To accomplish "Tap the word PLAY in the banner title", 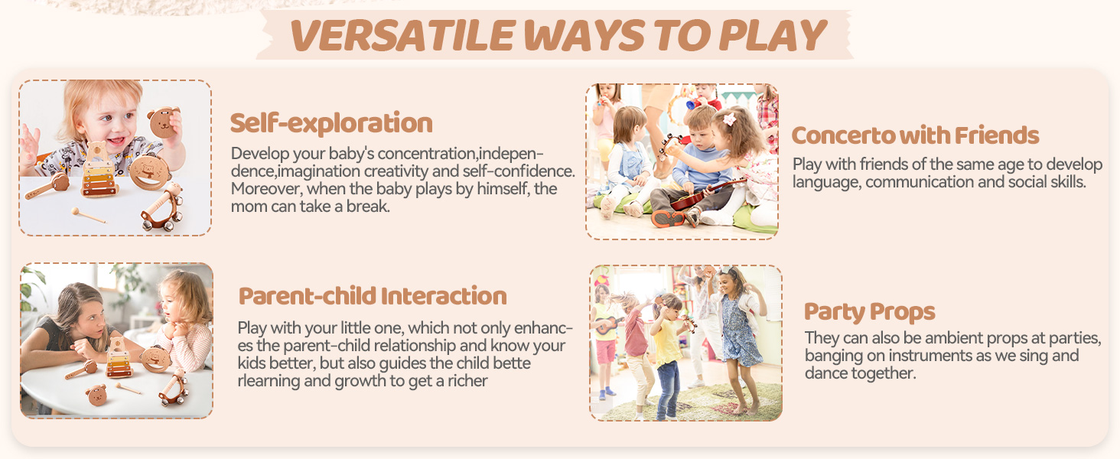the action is click(x=773, y=35).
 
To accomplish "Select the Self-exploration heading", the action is click(x=331, y=123).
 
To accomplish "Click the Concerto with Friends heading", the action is click(x=915, y=135).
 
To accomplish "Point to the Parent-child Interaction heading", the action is click(x=373, y=296).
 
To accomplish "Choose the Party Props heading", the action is click(x=870, y=312).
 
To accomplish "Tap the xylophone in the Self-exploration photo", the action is click(x=100, y=170).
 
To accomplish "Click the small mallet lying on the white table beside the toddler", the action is click(x=88, y=215).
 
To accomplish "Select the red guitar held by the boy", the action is click(x=705, y=195).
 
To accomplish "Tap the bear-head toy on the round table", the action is click(x=96, y=395).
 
